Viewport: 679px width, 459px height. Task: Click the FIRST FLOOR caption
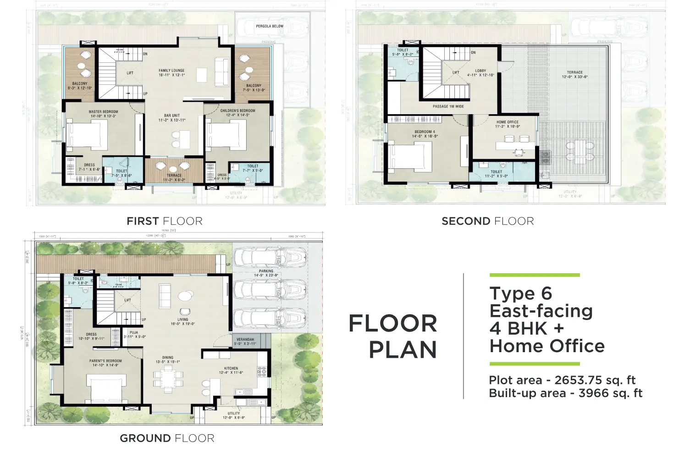click(x=164, y=221)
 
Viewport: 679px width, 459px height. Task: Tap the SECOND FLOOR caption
click(x=487, y=221)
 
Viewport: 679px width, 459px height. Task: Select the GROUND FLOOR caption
click(x=167, y=438)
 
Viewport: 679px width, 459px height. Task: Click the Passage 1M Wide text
click(x=448, y=106)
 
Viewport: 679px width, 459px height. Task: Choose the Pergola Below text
click(x=270, y=26)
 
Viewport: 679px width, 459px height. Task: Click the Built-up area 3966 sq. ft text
click(x=565, y=393)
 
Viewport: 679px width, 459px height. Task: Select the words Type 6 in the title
click(x=521, y=293)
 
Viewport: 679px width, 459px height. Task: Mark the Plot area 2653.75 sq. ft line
click(x=562, y=380)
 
